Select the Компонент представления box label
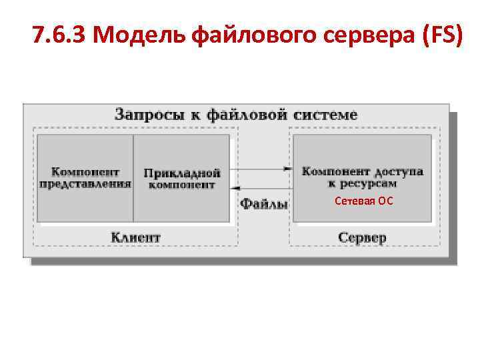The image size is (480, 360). click(x=85, y=177)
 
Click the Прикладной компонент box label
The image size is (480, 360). click(x=182, y=179)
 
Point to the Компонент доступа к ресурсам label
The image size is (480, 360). click(x=362, y=177)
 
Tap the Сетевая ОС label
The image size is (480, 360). click(x=364, y=199)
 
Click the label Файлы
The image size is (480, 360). click(x=264, y=203)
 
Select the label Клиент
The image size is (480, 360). click(x=135, y=237)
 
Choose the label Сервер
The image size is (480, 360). click(x=362, y=237)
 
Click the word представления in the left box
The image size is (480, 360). click(x=85, y=184)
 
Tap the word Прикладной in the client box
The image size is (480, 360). click(x=182, y=173)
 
